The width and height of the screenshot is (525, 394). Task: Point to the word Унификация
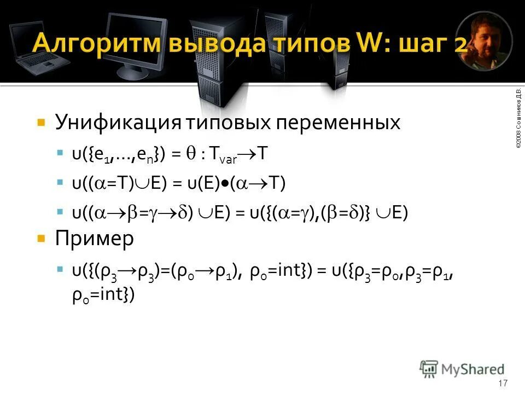[118, 123]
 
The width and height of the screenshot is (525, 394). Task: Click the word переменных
[338, 123]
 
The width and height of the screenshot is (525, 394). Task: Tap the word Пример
[94, 239]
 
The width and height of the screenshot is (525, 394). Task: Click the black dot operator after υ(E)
[225, 184]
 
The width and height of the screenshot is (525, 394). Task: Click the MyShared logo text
[473, 369]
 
